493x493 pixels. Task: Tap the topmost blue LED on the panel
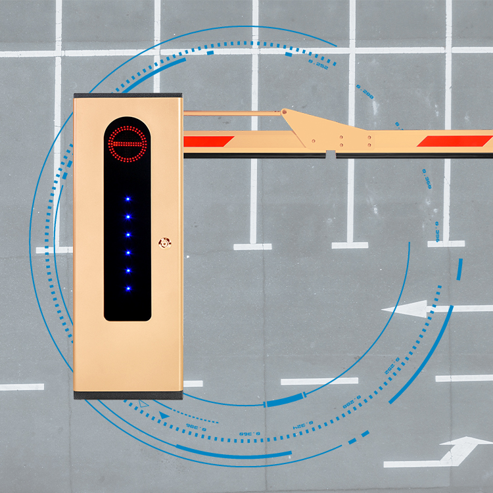click(128, 198)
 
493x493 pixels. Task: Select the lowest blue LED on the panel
click(128, 289)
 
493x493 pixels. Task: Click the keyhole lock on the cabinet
click(163, 243)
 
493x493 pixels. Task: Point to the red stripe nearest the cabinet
click(208, 141)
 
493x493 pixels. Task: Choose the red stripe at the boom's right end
click(455, 141)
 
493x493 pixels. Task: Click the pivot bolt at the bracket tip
click(285, 112)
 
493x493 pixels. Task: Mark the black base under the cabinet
click(128, 395)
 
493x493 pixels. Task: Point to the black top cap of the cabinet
click(128, 96)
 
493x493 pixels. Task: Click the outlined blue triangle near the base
click(144, 402)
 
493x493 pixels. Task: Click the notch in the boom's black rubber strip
click(331, 155)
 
